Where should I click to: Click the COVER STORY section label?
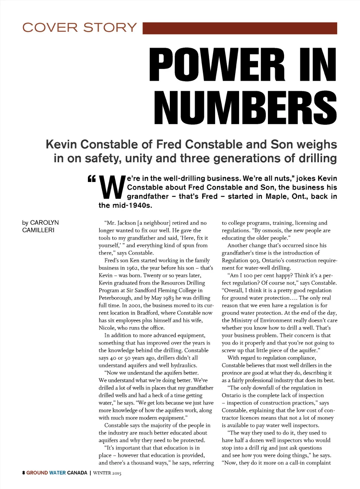(79, 27)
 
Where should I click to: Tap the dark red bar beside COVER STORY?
(240, 28)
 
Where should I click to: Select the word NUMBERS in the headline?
(245, 108)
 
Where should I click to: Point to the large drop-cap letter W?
(112, 187)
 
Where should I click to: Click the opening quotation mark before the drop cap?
(91, 179)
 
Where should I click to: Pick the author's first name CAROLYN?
(44, 223)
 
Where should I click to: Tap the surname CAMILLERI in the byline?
(38, 230)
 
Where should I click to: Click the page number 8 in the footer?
(24, 473)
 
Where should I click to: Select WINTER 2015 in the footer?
(107, 473)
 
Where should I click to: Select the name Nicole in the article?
(107, 328)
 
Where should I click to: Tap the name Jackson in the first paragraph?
(127, 223)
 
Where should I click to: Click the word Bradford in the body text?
(147, 313)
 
